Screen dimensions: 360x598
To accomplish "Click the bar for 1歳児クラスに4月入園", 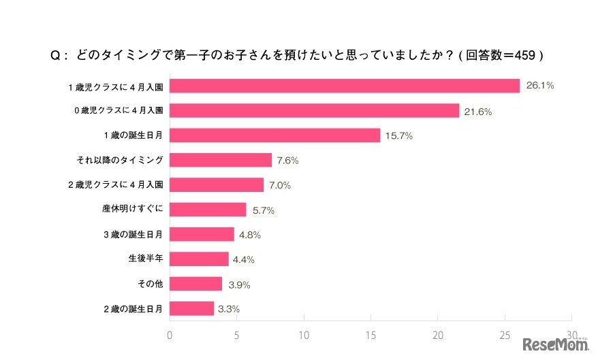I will click(344, 86).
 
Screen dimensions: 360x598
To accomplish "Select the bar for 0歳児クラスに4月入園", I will click(314, 110).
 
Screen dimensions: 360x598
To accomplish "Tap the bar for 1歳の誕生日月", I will click(274, 135).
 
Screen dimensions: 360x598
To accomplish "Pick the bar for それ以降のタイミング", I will click(220, 160).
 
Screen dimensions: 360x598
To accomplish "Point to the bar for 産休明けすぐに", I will click(208, 210).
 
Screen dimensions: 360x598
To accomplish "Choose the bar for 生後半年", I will click(199, 259).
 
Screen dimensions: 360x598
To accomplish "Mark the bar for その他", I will click(195, 284).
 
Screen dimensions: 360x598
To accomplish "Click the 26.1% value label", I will click(539, 86).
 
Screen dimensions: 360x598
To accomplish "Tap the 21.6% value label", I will click(478, 111).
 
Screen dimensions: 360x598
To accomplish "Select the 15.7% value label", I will click(399, 135).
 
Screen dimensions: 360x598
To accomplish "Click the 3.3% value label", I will click(229, 309).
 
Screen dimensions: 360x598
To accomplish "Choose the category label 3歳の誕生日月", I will click(133, 235).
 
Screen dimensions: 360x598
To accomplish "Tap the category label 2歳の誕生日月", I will click(133, 309).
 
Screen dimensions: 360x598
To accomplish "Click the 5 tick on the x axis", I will click(236, 335).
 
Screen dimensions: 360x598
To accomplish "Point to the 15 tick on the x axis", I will click(371, 335).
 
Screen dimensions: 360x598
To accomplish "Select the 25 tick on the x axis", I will click(505, 335).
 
